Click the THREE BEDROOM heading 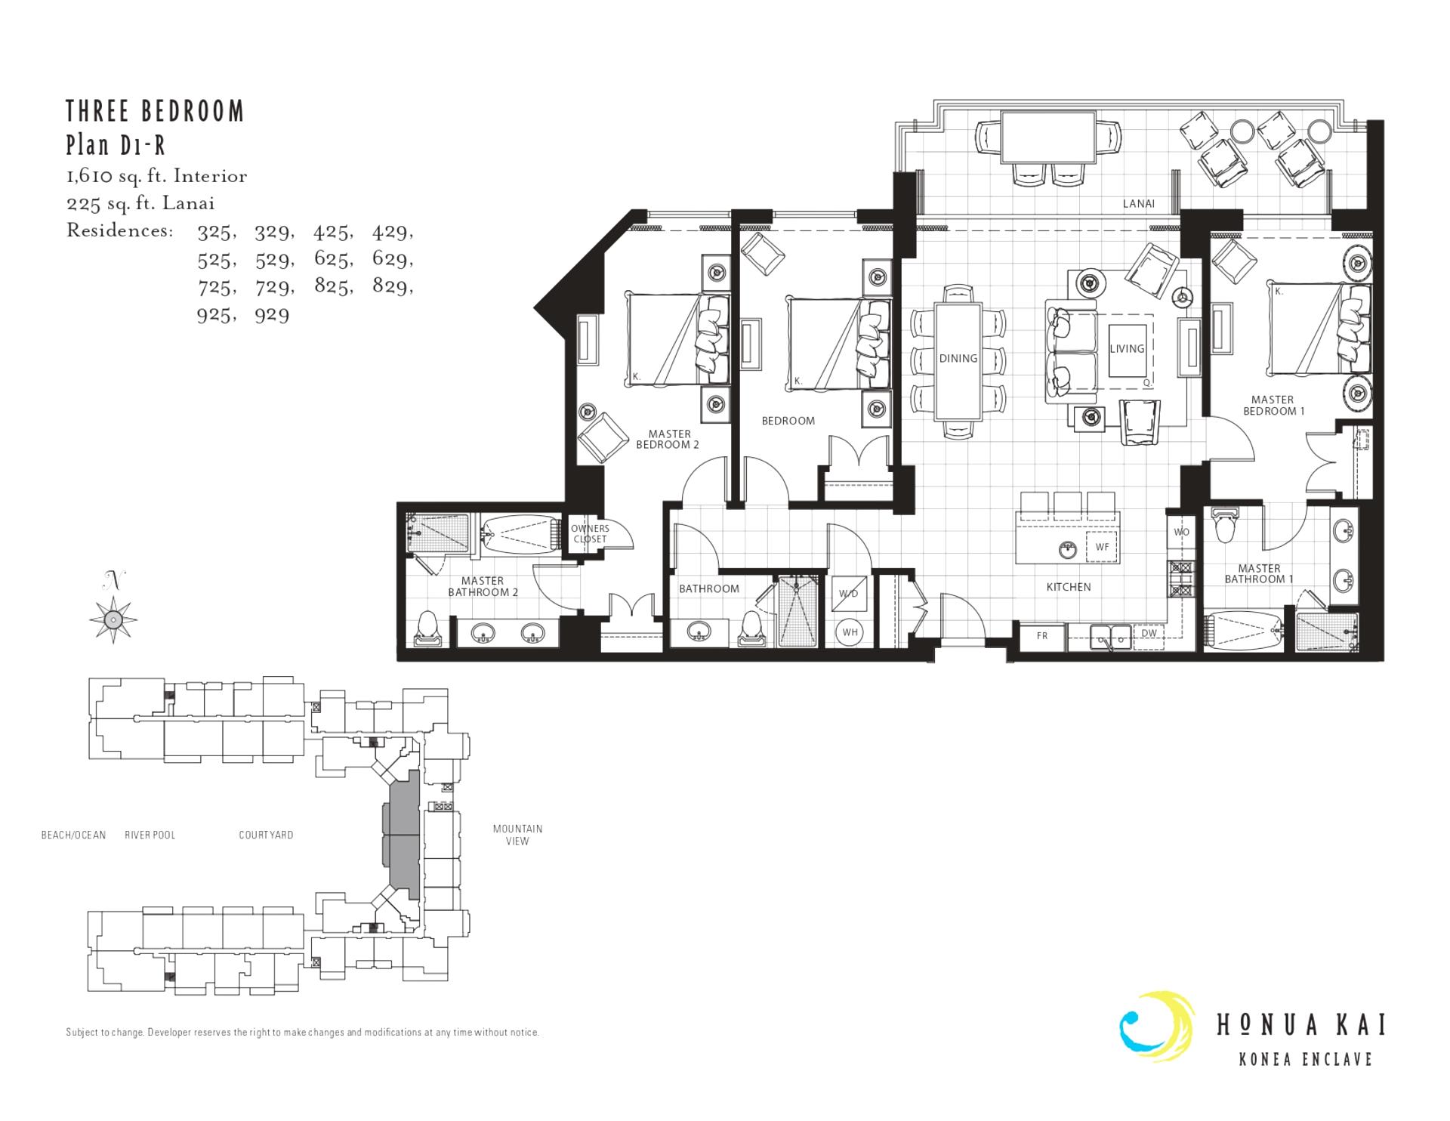[155, 112]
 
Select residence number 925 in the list [213, 314]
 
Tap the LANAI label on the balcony [1138, 203]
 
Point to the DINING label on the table [958, 358]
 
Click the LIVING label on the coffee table [1127, 348]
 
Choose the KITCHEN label [1068, 587]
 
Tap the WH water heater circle [850, 632]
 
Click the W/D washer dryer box [849, 594]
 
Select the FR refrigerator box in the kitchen [1041, 635]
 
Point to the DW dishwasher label [1149, 634]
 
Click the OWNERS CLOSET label [590, 533]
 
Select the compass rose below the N [113, 619]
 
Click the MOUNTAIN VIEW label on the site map [517, 835]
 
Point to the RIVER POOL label [150, 835]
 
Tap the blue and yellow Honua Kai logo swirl [1155, 1025]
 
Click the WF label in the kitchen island [1102, 547]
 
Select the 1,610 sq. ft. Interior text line [156, 176]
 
